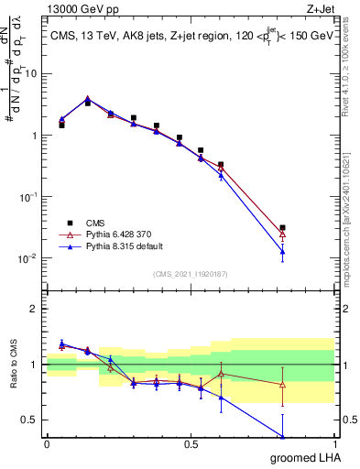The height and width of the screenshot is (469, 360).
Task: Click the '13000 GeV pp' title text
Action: pyautogui.click(x=82, y=8)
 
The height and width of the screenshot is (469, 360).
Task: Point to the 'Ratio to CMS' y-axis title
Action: pyautogui.click(x=12, y=380)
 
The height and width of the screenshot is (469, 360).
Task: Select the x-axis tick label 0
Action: pyautogui.click(x=47, y=444)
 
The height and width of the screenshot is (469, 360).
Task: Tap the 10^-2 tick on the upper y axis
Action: pyautogui.click(x=29, y=258)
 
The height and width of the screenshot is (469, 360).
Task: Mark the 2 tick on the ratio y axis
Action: pyautogui.click(x=36, y=309)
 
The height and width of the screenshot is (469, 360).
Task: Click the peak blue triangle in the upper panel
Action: pyautogui.click(x=88, y=99)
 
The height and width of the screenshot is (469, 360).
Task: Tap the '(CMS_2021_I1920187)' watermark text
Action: pyautogui.click(x=190, y=274)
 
